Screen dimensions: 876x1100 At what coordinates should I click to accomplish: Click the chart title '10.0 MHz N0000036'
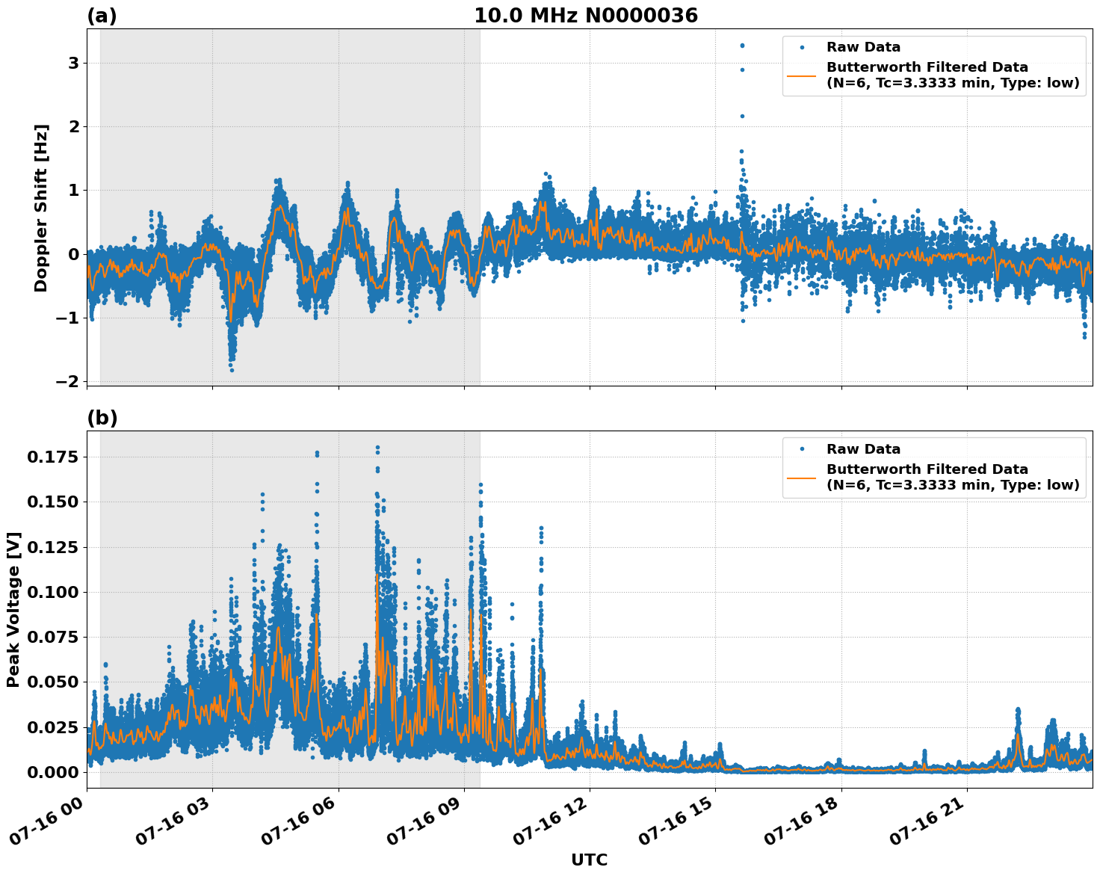585,16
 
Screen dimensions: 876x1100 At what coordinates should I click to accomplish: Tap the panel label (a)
102,16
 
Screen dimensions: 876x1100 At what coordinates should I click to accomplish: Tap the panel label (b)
102,419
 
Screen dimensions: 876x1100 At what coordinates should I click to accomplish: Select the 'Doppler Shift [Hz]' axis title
41,208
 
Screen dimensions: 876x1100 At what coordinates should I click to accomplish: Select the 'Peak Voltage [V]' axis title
13,609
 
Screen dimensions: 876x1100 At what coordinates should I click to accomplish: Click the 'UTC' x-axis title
589,860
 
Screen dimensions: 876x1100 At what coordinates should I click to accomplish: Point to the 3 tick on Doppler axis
73,64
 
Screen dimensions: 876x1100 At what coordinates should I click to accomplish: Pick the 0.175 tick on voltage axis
52,457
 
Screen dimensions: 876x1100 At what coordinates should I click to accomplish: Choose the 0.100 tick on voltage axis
52,592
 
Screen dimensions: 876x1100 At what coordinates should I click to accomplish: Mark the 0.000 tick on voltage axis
52,772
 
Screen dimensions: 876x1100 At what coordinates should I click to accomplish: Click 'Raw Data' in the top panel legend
863,48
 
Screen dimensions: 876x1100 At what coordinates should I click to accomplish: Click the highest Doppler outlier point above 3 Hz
742,46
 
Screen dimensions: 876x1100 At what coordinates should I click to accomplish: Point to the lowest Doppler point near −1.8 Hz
232,370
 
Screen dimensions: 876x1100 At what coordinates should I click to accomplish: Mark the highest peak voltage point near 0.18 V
377,448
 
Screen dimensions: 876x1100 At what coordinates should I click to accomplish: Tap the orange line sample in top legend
802,75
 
